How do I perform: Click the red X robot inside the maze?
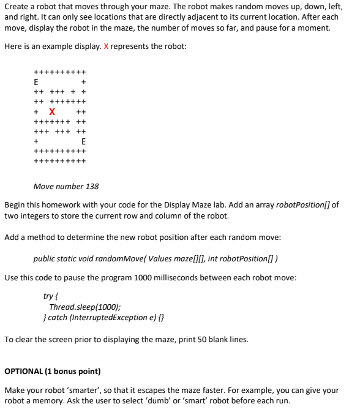[52, 111]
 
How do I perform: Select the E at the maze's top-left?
[36, 81]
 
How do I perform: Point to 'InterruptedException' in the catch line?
[108, 318]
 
